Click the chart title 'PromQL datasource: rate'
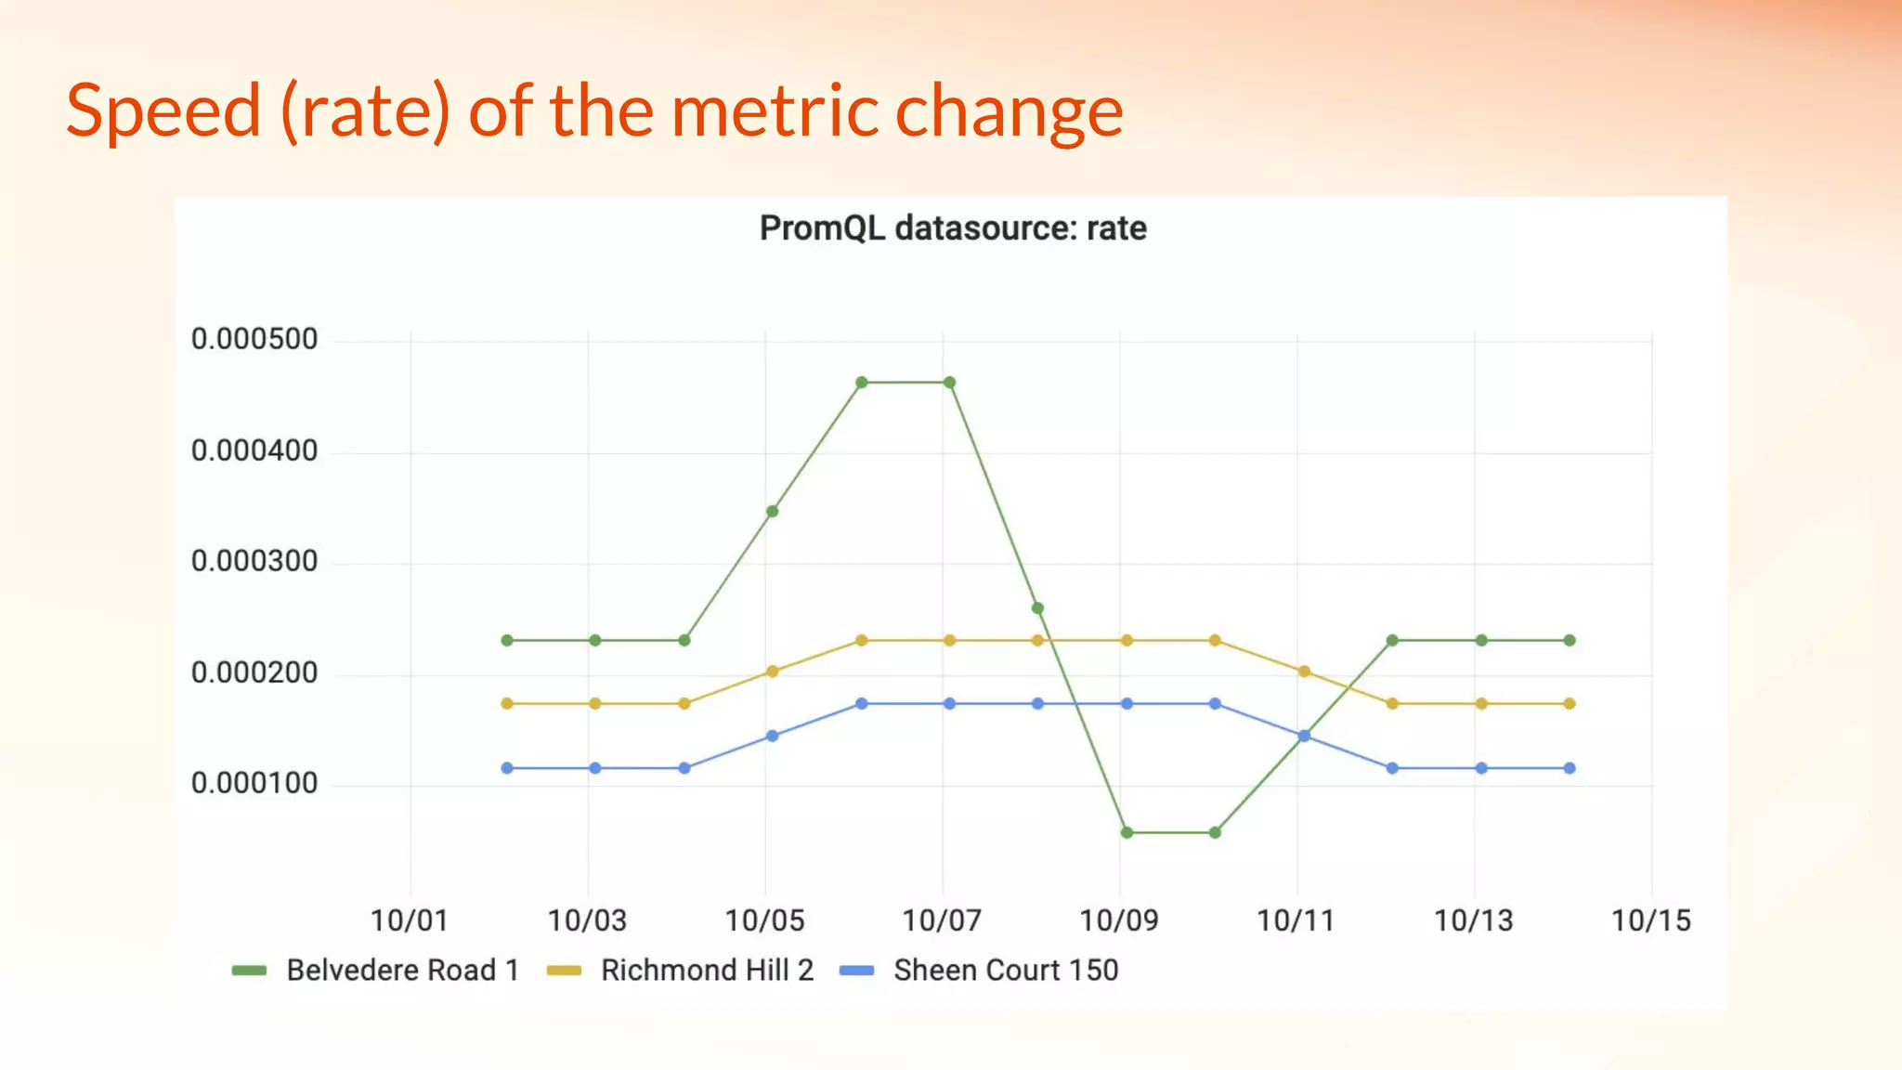pyautogui.click(x=953, y=228)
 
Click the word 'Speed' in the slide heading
pyautogui.click(x=163, y=111)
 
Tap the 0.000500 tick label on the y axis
pyautogui.click(x=254, y=339)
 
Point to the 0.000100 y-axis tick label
pyautogui.click(x=254, y=783)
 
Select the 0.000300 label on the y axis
pyautogui.click(x=254, y=561)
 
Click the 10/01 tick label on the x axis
pyautogui.click(x=409, y=920)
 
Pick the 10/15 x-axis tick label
pyautogui.click(x=1650, y=920)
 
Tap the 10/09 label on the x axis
pyautogui.click(x=1118, y=920)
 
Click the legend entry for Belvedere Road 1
pyautogui.click(x=401, y=970)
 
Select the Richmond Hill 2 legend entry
pyautogui.click(x=706, y=970)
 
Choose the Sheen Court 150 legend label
pyautogui.click(x=1005, y=970)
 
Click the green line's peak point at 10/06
pyautogui.click(x=861, y=383)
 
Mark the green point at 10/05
pyautogui.click(x=772, y=511)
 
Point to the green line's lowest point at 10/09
pyautogui.click(x=1127, y=832)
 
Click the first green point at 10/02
pyautogui.click(x=507, y=640)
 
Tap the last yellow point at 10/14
pyautogui.click(x=1570, y=703)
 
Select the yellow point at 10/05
pyautogui.click(x=772, y=671)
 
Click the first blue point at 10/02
pyautogui.click(x=507, y=768)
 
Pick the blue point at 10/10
pyautogui.click(x=1215, y=703)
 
